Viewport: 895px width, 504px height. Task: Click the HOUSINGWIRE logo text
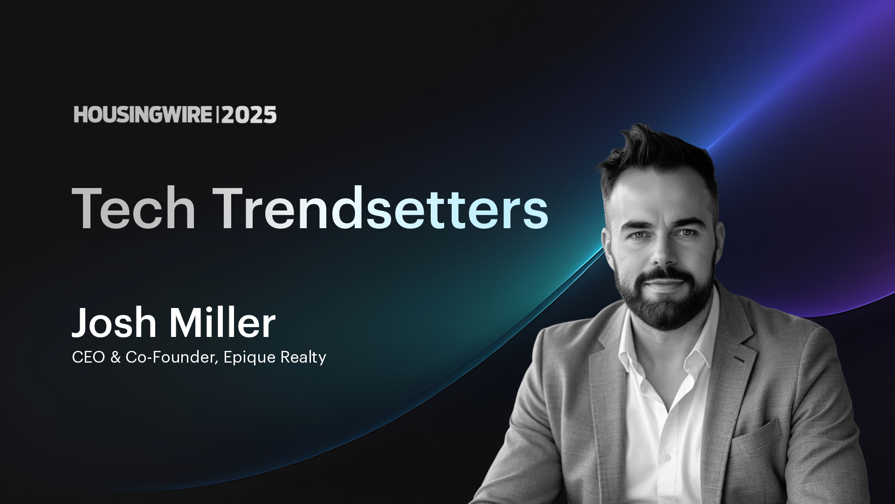click(x=143, y=115)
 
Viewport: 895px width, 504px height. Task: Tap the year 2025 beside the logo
click(x=249, y=115)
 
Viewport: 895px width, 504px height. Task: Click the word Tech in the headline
click(x=134, y=208)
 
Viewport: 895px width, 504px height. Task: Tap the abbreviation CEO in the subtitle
click(x=89, y=357)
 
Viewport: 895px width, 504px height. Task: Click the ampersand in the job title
click(x=115, y=357)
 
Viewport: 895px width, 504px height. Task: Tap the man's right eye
click(x=640, y=235)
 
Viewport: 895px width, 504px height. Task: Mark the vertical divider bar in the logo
click(x=217, y=115)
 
